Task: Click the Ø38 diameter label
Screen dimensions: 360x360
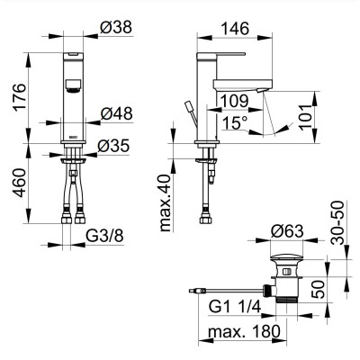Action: pos(116,28)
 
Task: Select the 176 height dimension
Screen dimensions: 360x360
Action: pos(21,98)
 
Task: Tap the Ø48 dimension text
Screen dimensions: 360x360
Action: pos(116,113)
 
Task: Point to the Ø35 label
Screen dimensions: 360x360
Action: pos(113,146)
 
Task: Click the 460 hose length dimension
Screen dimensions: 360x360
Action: pos(21,184)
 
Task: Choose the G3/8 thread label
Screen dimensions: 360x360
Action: pos(104,237)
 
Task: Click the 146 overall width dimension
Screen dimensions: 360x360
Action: pos(235,29)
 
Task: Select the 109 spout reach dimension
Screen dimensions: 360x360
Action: pos(234,101)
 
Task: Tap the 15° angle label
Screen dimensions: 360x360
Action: pos(235,122)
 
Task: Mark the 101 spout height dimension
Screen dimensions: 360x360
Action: pos(306,117)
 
